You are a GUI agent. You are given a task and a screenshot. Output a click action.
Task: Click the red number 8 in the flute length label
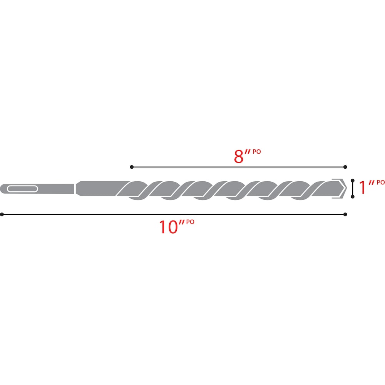coord(239,157)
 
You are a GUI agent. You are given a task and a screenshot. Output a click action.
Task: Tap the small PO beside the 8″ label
coord(257,152)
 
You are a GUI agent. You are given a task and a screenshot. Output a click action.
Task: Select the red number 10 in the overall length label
coord(168,227)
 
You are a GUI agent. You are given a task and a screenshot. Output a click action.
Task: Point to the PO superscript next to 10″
coord(190,222)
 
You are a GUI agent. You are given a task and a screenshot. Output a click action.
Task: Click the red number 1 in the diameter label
coord(362,187)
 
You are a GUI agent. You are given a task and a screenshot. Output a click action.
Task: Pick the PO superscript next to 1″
coord(380,182)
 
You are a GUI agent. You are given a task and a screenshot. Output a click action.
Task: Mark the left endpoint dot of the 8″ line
coord(132,167)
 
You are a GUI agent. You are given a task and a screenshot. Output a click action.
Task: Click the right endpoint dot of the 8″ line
coord(345,167)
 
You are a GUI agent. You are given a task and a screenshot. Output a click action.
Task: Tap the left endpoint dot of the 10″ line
coord(2,214)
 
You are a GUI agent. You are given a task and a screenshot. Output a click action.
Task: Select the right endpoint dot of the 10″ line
coord(345,214)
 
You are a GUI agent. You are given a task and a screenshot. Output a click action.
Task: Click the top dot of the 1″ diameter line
coord(353,180)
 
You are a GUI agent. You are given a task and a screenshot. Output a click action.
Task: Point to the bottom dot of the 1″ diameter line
coord(353,197)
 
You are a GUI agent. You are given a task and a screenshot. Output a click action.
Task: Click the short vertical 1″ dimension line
coord(353,188)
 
